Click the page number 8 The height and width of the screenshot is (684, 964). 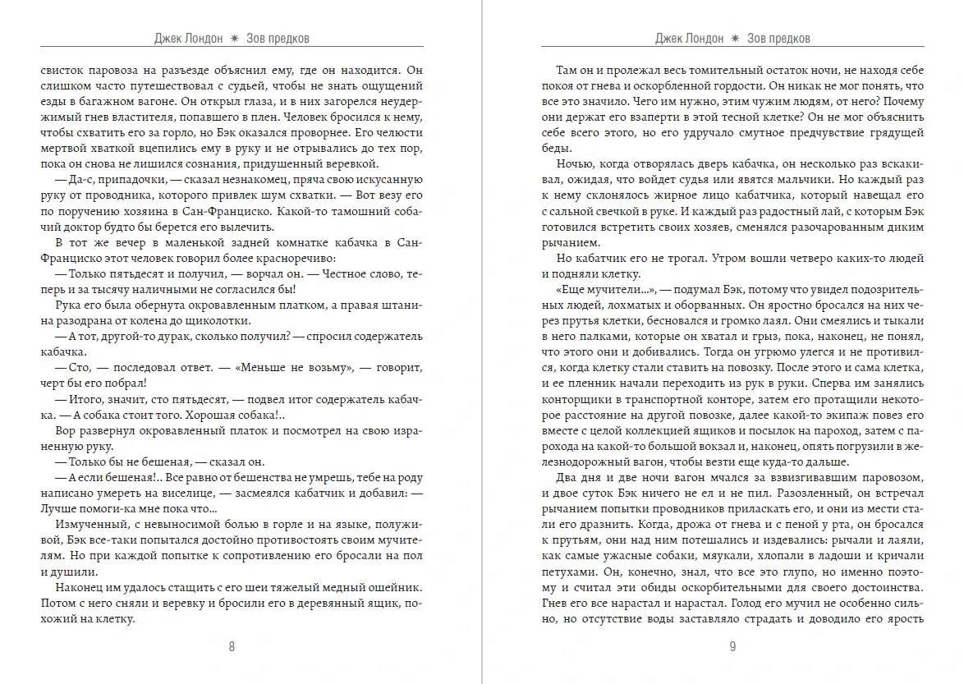point(232,645)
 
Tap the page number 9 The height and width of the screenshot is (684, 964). point(732,645)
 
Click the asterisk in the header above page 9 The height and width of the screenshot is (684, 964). point(734,39)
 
